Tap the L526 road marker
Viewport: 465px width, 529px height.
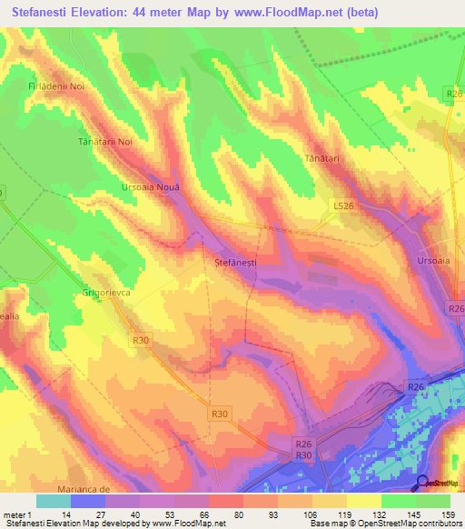pyautogui.click(x=342, y=207)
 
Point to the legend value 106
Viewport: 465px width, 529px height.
pyautogui.click(x=312, y=514)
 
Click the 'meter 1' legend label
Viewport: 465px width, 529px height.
pyautogui.click(x=16, y=514)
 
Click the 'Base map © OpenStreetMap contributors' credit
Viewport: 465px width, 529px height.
pyautogui.click(x=384, y=524)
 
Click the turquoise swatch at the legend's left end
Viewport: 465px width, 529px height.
pyautogui.click(x=53, y=501)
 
